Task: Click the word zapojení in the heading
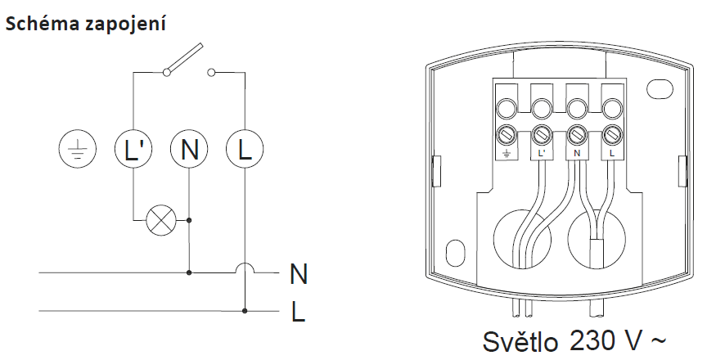pos(122,25)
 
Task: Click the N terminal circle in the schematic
pos(189,149)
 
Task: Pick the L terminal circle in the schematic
pos(245,149)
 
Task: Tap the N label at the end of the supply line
pos(299,272)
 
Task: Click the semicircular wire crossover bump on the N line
pos(245,268)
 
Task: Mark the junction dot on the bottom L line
pos(245,310)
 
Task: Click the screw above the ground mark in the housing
pos(507,133)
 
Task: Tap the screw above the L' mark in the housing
pos(541,133)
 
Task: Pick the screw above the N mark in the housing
pos(576,133)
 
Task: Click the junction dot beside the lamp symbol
pos(189,219)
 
